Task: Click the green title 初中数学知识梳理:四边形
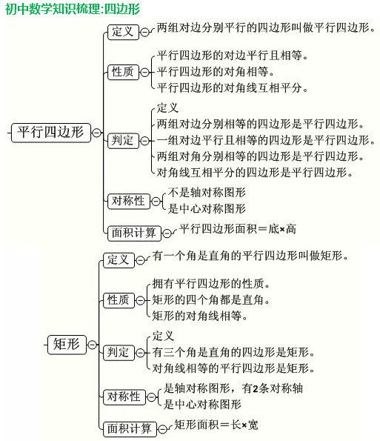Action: point(73,9)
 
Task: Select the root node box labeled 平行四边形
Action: point(51,133)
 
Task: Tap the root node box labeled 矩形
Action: point(67,345)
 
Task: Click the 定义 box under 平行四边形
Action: point(123,32)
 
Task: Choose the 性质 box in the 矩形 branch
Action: point(119,301)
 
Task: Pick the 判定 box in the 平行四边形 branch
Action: point(123,141)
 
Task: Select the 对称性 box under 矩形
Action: point(124,397)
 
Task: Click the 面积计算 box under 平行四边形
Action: point(134,233)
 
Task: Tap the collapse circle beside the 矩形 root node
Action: point(92,345)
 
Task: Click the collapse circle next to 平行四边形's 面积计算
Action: point(167,233)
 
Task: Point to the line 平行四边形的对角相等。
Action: point(216,72)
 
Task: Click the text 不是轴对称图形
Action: point(207,193)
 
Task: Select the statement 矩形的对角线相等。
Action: point(200,316)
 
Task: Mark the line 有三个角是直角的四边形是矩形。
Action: point(233,352)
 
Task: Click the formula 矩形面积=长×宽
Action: point(216,425)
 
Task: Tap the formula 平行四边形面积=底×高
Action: point(238,229)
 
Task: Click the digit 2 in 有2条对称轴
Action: point(256,389)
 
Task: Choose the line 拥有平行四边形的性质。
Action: point(211,284)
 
